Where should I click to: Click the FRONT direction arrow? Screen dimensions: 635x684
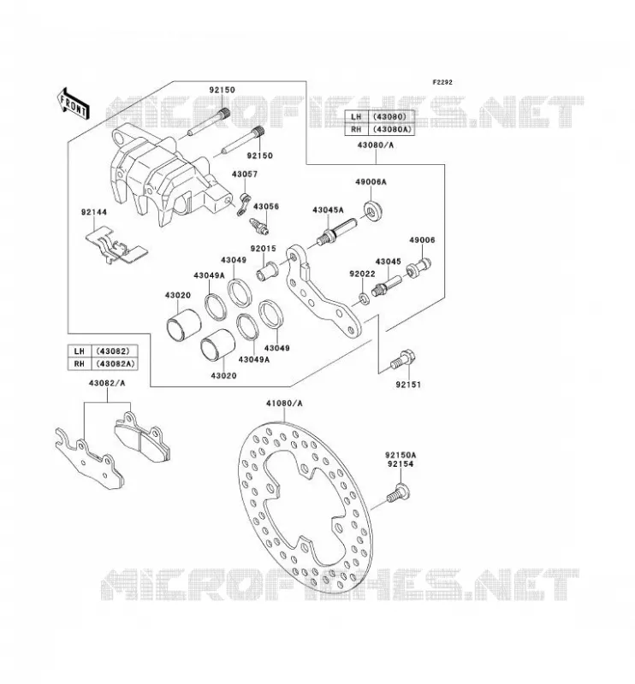tap(74, 104)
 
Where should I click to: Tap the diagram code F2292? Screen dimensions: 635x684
tap(442, 82)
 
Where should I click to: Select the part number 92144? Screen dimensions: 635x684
tap(93, 212)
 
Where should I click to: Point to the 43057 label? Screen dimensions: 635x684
tap(245, 174)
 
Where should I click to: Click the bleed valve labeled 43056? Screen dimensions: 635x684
tap(259, 227)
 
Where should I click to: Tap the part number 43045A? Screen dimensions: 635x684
tap(328, 210)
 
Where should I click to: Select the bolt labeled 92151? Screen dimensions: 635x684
tap(402, 360)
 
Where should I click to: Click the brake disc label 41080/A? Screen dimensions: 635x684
tap(284, 404)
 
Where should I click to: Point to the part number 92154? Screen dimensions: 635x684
tap(400, 464)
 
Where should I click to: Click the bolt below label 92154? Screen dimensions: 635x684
tap(397, 493)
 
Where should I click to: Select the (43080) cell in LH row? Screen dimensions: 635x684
tap(391, 117)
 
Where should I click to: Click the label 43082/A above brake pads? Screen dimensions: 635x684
tap(107, 383)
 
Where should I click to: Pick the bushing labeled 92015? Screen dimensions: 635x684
tap(267, 270)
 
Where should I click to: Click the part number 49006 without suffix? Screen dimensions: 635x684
tap(422, 240)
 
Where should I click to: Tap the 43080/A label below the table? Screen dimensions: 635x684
tap(375, 145)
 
